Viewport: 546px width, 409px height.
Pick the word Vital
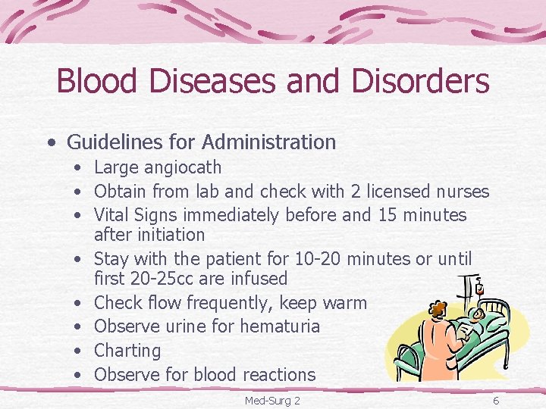pos(111,215)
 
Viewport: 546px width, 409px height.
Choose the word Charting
pos(127,351)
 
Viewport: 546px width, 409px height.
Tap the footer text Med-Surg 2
pos(272,399)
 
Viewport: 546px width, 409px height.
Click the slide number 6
pos(495,399)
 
